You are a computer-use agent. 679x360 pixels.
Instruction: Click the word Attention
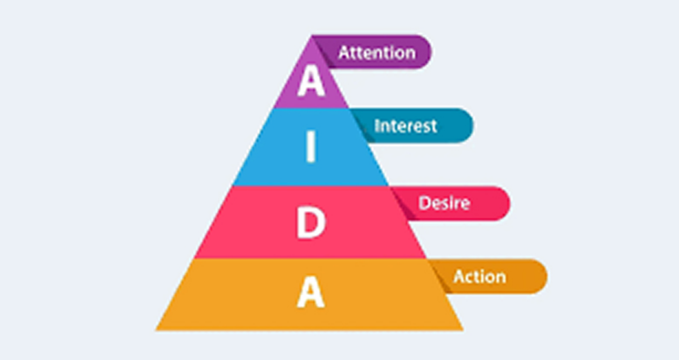[x=377, y=53]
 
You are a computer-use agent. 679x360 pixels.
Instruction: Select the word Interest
[x=406, y=126]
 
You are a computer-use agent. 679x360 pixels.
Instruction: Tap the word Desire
[x=444, y=203]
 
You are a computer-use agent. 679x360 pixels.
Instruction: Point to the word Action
[x=479, y=277]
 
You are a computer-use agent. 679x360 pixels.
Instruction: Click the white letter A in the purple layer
[x=311, y=81]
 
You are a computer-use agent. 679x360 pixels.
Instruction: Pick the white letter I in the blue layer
[x=311, y=146]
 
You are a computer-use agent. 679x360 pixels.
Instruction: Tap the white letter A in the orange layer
[x=311, y=292]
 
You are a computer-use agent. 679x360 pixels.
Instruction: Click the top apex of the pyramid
[x=311, y=35]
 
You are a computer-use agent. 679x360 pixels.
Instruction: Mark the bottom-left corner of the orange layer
[x=156, y=330]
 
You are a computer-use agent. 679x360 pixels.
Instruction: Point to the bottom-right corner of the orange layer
[x=463, y=330]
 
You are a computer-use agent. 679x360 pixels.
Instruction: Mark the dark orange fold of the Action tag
[x=440, y=276]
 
